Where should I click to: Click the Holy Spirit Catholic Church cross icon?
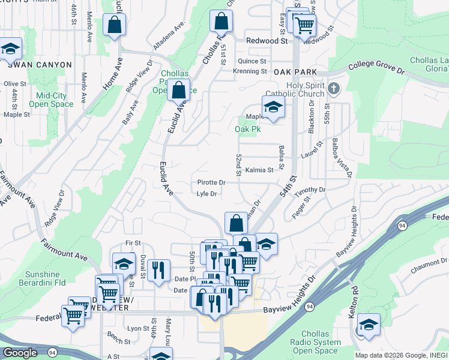click(x=334, y=90)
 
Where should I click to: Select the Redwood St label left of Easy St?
click(x=267, y=41)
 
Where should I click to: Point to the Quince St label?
click(x=252, y=61)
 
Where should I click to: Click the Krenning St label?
click(x=250, y=71)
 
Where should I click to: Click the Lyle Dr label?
click(x=206, y=194)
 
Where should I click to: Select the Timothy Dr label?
click(x=310, y=190)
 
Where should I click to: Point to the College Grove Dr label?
click(x=376, y=66)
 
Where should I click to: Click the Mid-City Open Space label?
click(x=55, y=100)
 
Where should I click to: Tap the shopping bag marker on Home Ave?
click(x=114, y=25)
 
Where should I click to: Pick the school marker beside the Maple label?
click(x=273, y=107)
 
